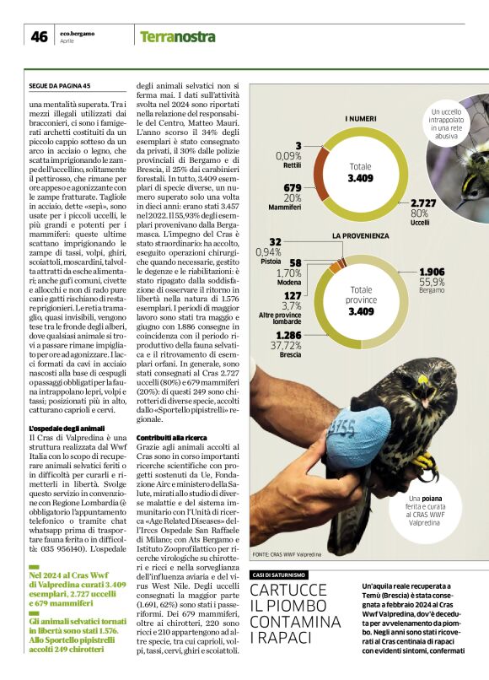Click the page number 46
point(39,36)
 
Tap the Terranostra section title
point(178,36)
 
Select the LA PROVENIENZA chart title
point(359,235)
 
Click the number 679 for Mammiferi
point(292,187)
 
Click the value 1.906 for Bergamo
point(432,272)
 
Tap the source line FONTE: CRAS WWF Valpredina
point(287,555)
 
